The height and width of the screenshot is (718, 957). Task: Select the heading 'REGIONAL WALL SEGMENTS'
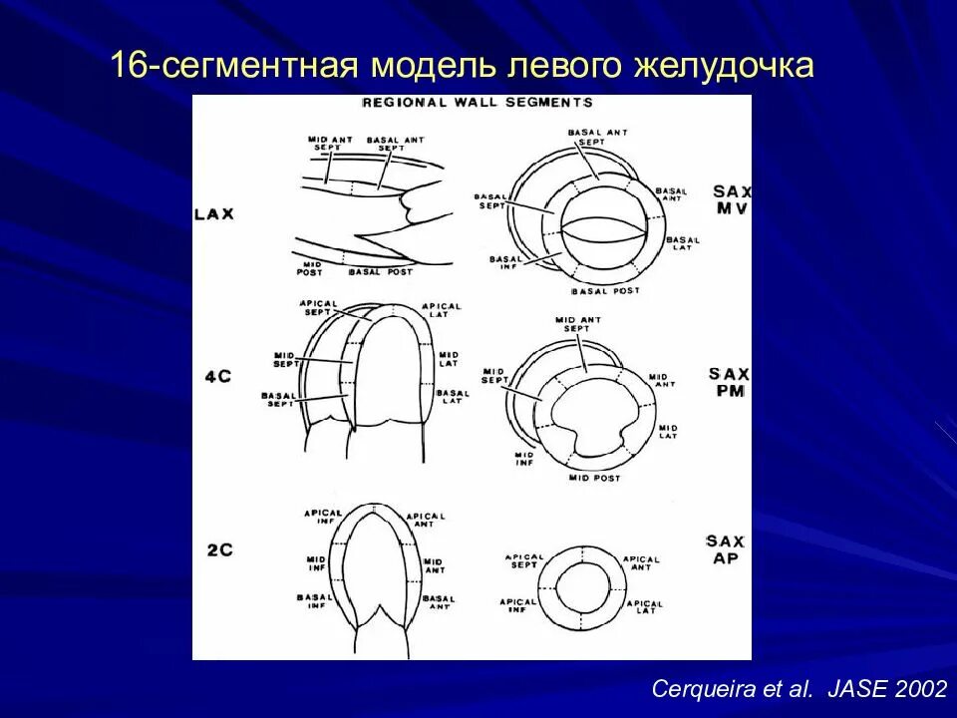[477, 102]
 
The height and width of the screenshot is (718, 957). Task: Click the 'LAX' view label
[214, 214]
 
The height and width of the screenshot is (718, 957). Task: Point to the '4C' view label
[217, 378]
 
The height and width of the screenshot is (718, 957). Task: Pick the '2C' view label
[218, 548]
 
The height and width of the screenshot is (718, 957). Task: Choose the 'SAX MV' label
[732, 199]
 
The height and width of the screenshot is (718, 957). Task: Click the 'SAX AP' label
[726, 549]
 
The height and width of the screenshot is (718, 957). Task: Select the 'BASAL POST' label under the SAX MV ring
[605, 291]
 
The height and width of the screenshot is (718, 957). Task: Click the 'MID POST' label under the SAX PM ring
[594, 479]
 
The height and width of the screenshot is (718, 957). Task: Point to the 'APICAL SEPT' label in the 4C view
[318, 307]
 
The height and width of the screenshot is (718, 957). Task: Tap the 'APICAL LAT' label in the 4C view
[442, 310]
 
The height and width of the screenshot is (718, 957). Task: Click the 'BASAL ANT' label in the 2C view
[440, 601]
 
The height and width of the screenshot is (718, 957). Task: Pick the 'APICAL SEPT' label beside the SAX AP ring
[524, 561]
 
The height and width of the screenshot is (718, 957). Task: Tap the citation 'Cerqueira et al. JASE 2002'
[798, 688]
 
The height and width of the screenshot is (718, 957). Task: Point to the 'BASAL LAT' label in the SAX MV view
[683, 242]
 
